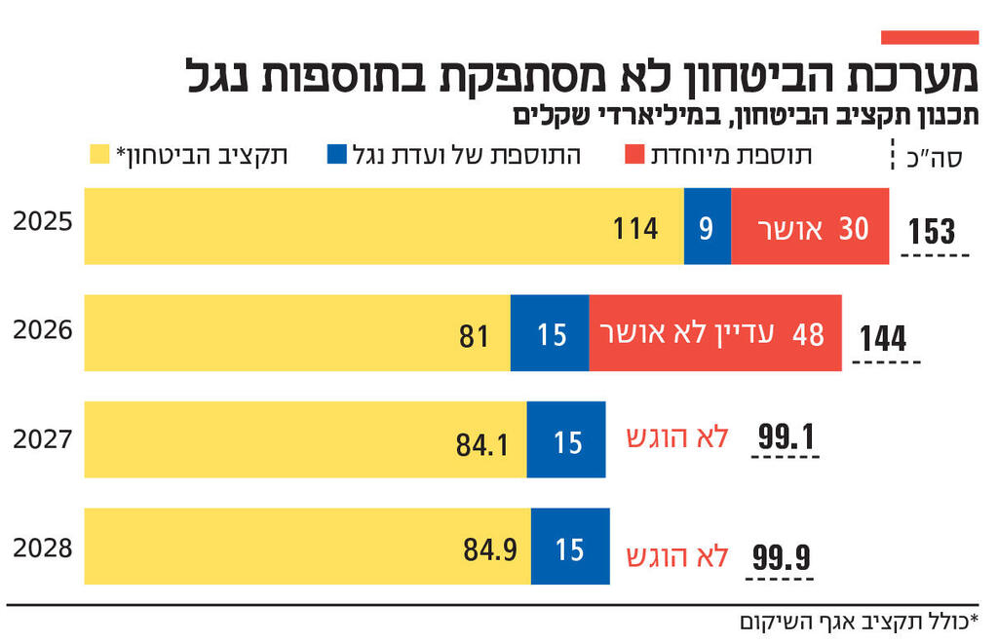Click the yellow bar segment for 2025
click(x=384, y=227)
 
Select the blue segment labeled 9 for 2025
click(x=707, y=227)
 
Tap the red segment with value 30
click(x=809, y=227)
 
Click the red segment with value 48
click(x=714, y=333)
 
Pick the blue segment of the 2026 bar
click(x=550, y=333)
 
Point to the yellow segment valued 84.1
click(x=305, y=440)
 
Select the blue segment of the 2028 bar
click(x=570, y=547)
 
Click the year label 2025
click(x=43, y=221)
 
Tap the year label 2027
click(x=43, y=439)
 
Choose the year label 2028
click(x=43, y=547)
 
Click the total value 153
click(x=932, y=232)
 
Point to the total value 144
click(x=883, y=339)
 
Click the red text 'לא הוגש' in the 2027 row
click(x=676, y=438)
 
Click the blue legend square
click(x=337, y=155)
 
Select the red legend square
click(x=633, y=155)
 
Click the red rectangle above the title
click(x=929, y=37)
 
